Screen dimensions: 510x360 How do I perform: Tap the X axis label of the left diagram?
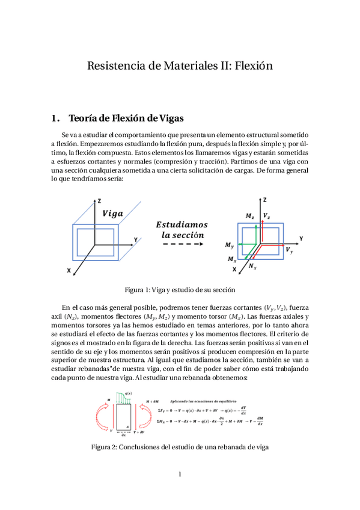click(70, 271)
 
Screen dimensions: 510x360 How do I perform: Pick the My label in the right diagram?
click(230, 245)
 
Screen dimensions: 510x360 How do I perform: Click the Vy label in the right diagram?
click(289, 249)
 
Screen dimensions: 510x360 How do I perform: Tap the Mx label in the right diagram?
click(232, 259)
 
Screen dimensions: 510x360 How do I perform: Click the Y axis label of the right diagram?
click(301, 239)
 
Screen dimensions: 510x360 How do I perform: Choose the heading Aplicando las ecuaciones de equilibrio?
click(204, 400)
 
